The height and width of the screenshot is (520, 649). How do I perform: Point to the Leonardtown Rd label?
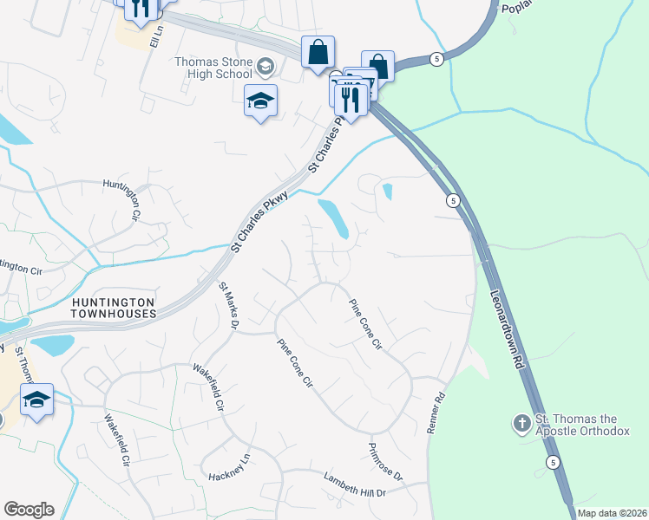click(x=509, y=324)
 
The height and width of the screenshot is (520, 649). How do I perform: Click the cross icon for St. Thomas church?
click(x=521, y=424)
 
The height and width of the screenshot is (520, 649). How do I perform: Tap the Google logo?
click(x=29, y=510)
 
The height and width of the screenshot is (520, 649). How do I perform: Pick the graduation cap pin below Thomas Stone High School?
click(x=260, y=101)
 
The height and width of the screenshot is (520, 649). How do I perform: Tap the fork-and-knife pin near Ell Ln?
click(x=140, y=7)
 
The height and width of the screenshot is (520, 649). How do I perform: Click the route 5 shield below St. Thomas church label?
click(x=554, y=463)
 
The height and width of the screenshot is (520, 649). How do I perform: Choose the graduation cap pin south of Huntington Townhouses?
click(x=36, y=400)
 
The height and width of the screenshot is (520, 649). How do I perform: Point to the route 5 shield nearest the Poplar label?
click(x=436, y=58)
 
